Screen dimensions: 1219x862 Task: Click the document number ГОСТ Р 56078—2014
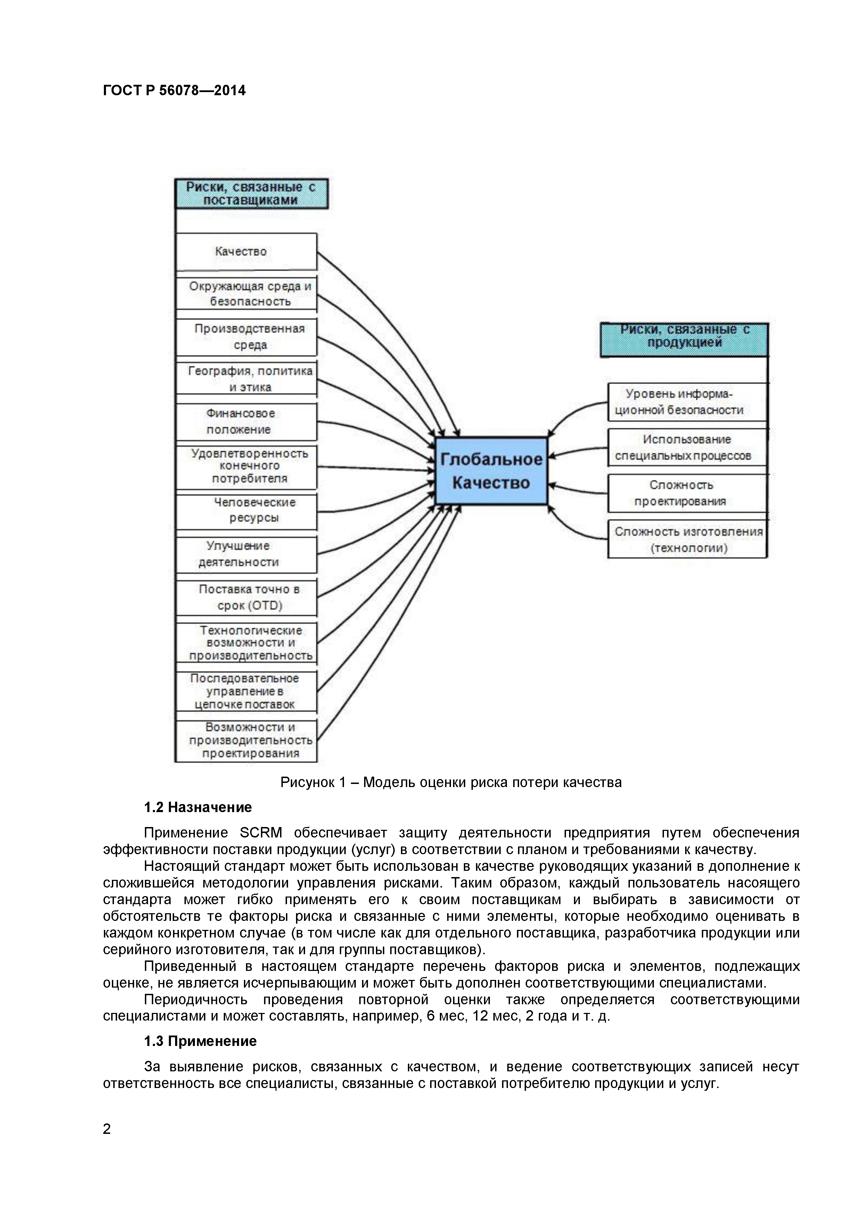click(x=174, y=91)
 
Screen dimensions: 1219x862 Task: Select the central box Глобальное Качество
click(x=491, y=471)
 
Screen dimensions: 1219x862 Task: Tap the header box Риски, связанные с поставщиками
click(x=251, y=194)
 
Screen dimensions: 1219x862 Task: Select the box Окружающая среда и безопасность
click(x=247, y=294)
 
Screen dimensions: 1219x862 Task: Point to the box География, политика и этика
click(x=247, y=378)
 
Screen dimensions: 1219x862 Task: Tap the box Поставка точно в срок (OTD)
click(x=247, y=597)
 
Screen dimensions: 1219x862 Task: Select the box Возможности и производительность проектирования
click(x=247, y=741)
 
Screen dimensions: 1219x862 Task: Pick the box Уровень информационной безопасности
click(x=687, y=402)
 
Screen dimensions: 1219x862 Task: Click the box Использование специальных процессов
click(x=687, y=447)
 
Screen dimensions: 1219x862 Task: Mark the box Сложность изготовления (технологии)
click(x=687, y=539)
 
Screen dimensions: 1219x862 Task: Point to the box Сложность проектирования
click(x=687, y=493)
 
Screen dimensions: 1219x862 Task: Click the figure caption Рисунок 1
click(x=451, y=783)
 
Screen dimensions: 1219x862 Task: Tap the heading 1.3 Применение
click(x=200, y=1041)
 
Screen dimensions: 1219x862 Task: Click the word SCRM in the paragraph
click(x=261, y=833)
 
